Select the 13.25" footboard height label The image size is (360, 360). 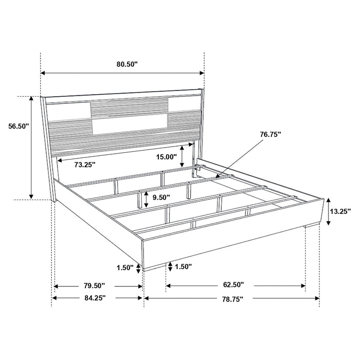340,210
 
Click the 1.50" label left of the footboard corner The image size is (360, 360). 124,268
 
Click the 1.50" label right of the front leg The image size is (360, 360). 184,266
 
